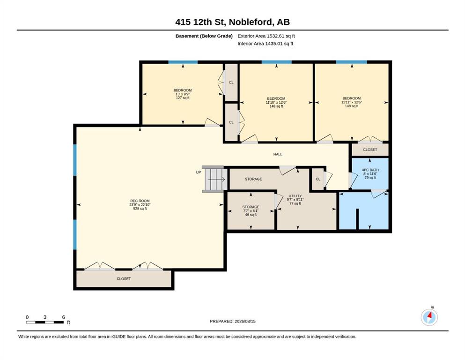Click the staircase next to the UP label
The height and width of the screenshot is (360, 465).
click(215, 179)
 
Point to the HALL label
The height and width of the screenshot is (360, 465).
click(278, 154)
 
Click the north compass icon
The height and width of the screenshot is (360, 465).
click(429, 317)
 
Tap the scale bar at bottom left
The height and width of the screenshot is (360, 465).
click(45, 322)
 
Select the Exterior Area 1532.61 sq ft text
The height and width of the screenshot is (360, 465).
click(266, 36)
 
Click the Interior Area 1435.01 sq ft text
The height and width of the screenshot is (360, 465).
click(266, 44)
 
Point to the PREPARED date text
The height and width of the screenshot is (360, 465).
click(232, 321)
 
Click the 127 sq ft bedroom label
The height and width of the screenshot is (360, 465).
click(183, 94)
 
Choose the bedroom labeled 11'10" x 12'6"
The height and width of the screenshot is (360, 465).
click(276, 102)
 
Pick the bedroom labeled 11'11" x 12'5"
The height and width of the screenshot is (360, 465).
click(351, 102)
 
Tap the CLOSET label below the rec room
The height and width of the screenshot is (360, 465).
click(124, 279)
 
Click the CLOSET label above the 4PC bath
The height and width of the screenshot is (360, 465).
click(370, 150)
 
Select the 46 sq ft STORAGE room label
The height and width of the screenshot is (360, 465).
click(251, 211)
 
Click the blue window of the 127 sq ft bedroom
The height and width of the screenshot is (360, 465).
click(183, 62)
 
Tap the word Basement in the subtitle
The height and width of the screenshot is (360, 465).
click(187, 36)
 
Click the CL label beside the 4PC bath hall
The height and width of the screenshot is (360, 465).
click(318, 179)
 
